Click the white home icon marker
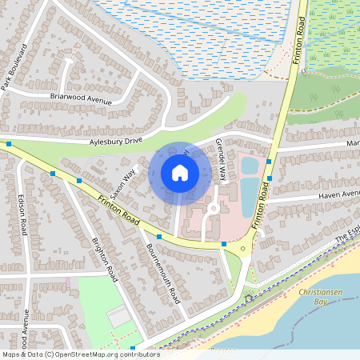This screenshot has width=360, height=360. click(x=180, y=173)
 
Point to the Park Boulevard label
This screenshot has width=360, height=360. click(x=14, y=67)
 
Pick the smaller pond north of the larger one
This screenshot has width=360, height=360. click(x=249, y=166)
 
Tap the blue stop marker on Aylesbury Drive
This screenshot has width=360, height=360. click(x=8, y=144)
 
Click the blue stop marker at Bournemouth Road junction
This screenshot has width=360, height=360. click(x=159, y=237)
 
